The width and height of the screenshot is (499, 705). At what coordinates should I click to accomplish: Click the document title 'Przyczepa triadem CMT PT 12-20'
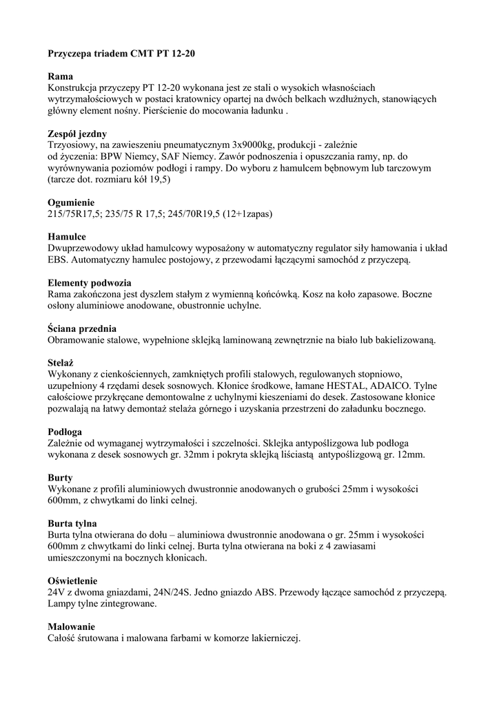pyautogui.click(x=116, y=52)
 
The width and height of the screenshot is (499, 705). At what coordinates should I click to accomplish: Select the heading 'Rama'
pyautogui.click(x=61, y=76)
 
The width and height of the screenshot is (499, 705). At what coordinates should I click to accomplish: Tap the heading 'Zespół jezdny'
pyautogui.click(x=77, y=134)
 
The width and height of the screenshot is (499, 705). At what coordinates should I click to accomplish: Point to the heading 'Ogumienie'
pyautogui.click(x=71, y=202)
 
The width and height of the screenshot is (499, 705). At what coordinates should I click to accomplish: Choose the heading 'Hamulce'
pyautogui.click(x=67, y=237)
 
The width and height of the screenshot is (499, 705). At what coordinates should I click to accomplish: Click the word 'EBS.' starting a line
pyautogui.click(x=58, y=260)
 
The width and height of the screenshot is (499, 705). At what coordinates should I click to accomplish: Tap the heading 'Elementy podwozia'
pyautogui.click(x=90, y=283)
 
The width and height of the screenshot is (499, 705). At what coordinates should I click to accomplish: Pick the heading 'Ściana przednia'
pyautogui.click(x=82, y=328)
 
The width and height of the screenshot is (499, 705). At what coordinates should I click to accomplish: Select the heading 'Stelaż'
pyautogui.click(x=61, y=363)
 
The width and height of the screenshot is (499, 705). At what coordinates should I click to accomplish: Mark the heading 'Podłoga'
pyautogui.click(x=65, y=432)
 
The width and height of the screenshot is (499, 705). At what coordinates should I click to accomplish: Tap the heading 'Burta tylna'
pyautogui.click(x=72, y=524)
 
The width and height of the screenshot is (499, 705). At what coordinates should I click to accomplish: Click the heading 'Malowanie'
pyautogui.click(x=71, y=627)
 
